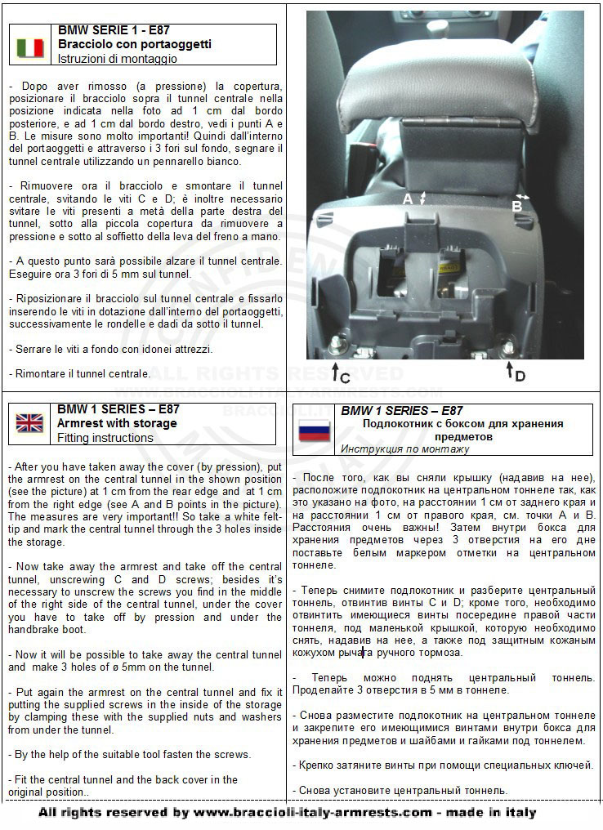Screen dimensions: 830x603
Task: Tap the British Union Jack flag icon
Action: (x=30, y=422)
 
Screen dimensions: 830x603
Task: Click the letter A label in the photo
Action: (x=407, y=199)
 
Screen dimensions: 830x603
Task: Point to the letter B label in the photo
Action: (x=516, y=207)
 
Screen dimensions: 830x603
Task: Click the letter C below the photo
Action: (x=345, y=377)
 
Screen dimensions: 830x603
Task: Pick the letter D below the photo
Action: (x=520, y=376)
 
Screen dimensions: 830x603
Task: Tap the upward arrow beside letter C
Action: (x=335, y=372)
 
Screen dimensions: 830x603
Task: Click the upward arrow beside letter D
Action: (x=509, y=370)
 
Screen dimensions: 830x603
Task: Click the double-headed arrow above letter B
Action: (x=524, y=196)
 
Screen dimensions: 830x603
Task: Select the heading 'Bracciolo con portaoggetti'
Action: (x=134, y=44)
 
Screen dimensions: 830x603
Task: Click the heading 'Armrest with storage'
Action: (x=116, y=423)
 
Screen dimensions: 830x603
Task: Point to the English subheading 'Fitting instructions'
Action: (x=105, y=438)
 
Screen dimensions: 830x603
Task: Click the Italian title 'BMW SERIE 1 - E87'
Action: (x=109, y=29)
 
